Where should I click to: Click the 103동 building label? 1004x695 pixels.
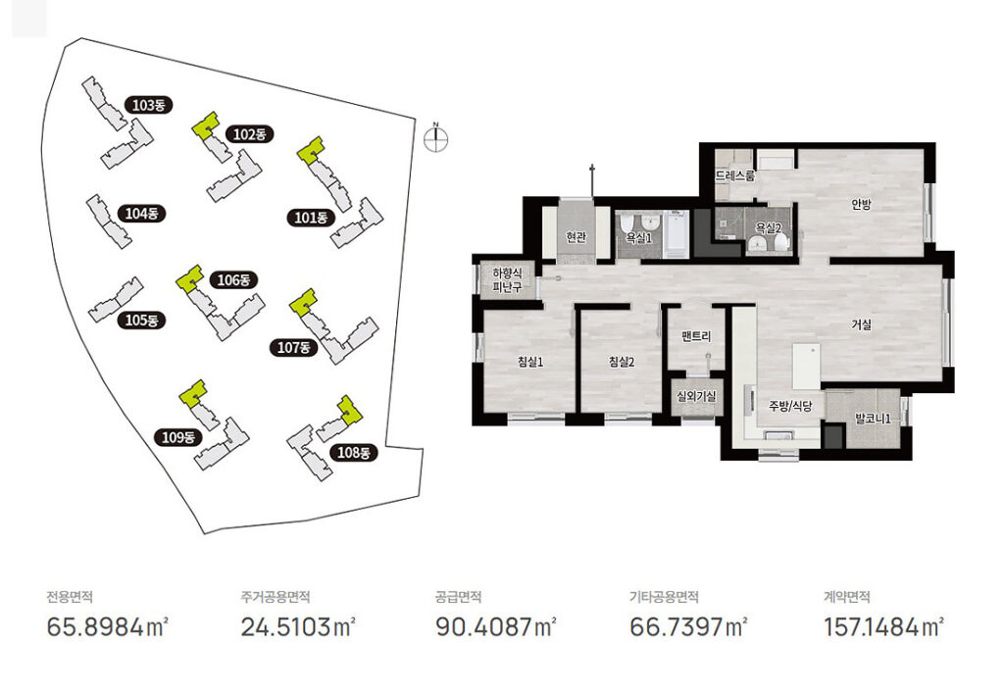pos(149,104)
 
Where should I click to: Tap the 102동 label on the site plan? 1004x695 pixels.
pos(250,134)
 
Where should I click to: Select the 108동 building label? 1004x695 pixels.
pos(353,453)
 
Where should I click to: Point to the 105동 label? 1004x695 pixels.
pos(141,320)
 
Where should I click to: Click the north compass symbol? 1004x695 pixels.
pos(436,139)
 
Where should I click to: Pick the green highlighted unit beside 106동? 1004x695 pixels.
pos(189,279)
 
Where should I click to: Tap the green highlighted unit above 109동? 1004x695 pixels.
pos(193,393)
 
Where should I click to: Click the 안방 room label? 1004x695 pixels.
pos(861,204)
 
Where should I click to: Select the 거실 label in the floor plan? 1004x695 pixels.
pos(861,324)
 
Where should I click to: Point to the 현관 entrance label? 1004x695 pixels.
pos(577,237)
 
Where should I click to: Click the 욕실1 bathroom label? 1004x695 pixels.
pos(639,237)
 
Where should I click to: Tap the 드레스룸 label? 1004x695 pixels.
pos(735,175)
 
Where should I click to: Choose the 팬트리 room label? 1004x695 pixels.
pos(696,336)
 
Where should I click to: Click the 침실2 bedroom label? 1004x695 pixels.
pos(621,363)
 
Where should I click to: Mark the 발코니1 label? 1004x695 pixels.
pos(874,419)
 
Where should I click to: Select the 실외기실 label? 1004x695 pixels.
pos(697,396)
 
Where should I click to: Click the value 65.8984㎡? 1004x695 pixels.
pos(108,626)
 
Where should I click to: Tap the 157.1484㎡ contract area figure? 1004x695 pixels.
pos(883,626)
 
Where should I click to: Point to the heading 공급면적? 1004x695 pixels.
pos(458,597)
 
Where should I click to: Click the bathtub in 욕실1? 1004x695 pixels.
pos(676,234)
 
